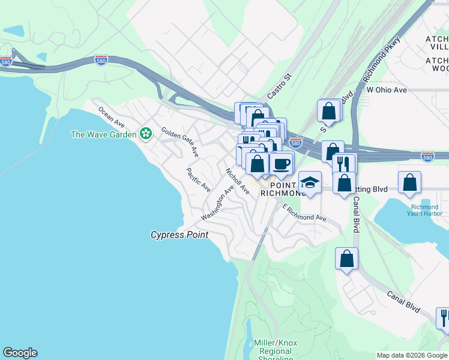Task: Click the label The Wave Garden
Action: coord(103,134)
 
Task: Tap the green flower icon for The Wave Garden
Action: coord(145,133)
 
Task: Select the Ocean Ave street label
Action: coord(111,118)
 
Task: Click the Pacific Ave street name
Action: coord(198,179)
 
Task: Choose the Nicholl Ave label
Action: coord(237,181)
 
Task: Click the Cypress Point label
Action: coord(179,235)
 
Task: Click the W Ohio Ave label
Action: coord(387,90)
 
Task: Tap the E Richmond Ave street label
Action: coord(305,213)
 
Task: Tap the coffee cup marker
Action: coord(281,163)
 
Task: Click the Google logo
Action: coord(20,353)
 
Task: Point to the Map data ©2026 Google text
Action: coord(412,355)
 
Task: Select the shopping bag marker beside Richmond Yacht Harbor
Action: coord(409,182)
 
